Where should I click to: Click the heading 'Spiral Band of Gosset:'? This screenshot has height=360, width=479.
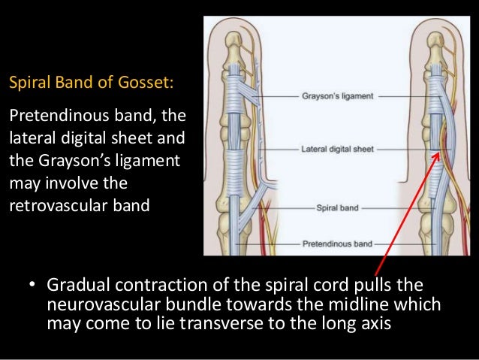[x=90, y=80]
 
